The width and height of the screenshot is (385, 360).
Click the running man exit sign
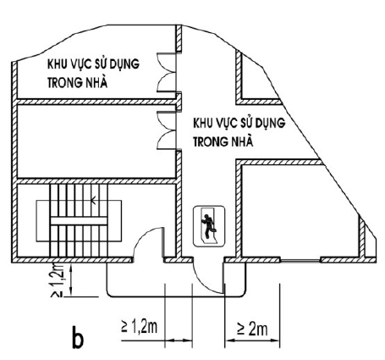pos(209,225)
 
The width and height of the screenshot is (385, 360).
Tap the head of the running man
pos(207,216)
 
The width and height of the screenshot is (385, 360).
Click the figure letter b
pos(78,337)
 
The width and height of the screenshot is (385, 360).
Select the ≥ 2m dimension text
pos(252,329)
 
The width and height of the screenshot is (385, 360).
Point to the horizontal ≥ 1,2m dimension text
pos(140,326)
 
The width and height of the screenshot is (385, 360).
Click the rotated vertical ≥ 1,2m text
pos(58,280)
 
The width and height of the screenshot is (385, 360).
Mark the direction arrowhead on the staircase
pos(93,201)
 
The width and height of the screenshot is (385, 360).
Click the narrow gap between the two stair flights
pos(79,221)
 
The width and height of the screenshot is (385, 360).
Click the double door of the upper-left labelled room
pos(167,73)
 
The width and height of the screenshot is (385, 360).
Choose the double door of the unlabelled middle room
pos(167,130)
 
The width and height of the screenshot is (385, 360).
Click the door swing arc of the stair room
pos(146,240)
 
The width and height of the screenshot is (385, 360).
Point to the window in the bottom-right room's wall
pos(300,260)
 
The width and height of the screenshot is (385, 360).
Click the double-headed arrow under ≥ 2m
pos(252,341)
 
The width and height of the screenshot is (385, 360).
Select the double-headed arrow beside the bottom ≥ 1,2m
pos(179,341)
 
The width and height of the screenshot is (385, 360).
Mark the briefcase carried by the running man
pos(215,230)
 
